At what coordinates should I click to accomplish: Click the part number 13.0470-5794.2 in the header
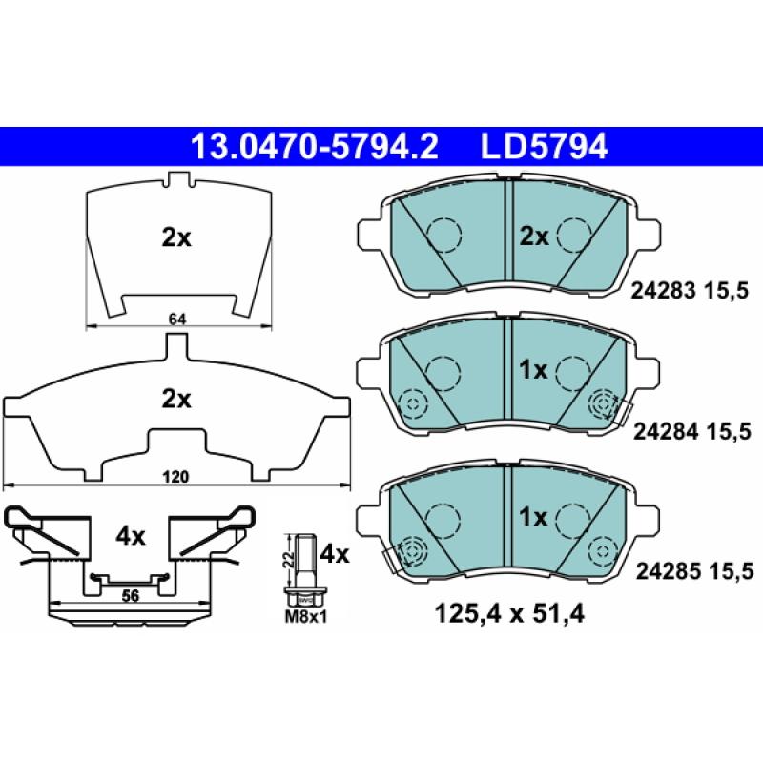(315, 146)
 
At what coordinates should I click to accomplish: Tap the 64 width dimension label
(176, 319)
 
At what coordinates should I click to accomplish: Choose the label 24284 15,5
(693, 432)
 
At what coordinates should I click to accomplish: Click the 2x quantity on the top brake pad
(534, 236)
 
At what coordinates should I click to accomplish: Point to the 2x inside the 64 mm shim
(175, 238)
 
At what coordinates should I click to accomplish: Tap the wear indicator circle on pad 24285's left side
(413, 550)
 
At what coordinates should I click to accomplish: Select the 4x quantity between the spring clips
(130, 536)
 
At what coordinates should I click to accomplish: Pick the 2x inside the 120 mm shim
(175, 399)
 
